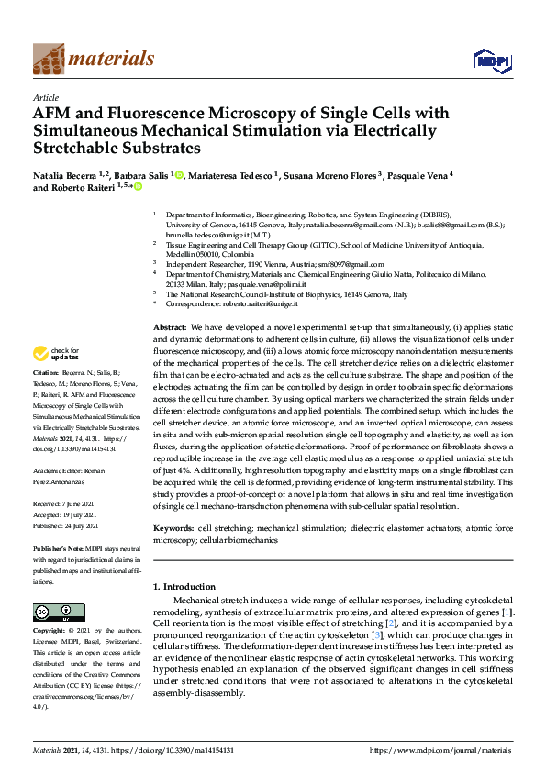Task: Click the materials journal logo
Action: pos(93,59)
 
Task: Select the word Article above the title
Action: pos(45,97)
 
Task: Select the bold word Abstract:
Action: pos(170,326)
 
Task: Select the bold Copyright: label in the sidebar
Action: pos(52,633)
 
